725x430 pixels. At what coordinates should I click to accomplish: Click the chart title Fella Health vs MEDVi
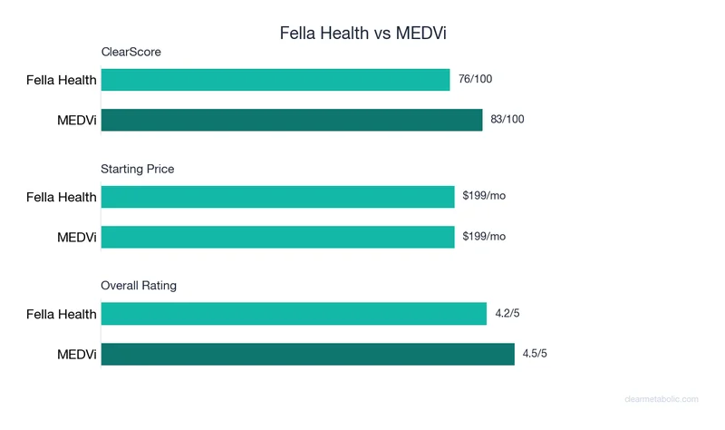[362, 34]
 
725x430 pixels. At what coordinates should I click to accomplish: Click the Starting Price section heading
[138, 169]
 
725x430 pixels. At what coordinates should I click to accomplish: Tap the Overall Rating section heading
[139, 286]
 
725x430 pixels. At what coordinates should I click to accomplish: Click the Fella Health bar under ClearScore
[275, 80]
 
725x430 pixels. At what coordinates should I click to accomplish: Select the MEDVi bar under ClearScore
[292, 120]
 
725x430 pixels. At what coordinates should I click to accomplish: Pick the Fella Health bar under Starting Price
[277, 197]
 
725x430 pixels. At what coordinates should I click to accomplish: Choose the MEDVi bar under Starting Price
[277, 237]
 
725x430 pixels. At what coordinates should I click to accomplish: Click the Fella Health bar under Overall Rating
[294, 314]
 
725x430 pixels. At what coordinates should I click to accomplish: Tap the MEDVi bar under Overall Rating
[307, 354]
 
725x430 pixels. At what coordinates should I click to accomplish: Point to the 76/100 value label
[476, 80]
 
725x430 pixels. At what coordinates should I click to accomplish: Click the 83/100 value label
[508, 120]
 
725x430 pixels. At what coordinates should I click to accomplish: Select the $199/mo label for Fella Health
[484, 197]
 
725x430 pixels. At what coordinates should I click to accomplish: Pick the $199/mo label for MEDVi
[484, 237]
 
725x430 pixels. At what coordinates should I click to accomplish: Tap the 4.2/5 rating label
[507, 314]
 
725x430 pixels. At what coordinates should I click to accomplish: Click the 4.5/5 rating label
[535, 354]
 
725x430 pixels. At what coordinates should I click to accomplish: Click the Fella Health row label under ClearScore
[61, 80]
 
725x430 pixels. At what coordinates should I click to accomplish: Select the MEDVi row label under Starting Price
[77, 237]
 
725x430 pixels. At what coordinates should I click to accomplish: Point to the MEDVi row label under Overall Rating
[77, 354]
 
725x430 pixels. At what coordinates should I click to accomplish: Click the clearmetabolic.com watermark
[662, 399]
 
